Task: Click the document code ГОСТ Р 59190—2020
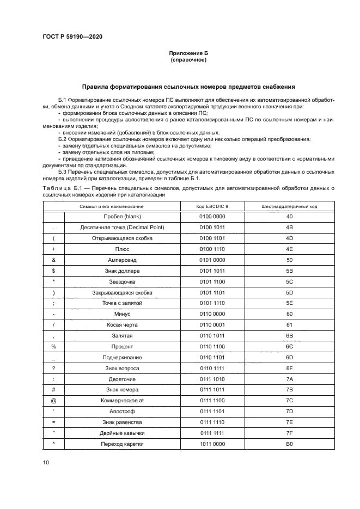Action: [x=72, y=36]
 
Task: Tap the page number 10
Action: [x=46, y=462]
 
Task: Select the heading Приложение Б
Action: [x=188, y=53]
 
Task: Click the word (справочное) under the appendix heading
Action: [x=188, y=60]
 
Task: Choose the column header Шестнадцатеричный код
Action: [x=290, y=206]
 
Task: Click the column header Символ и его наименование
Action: [x=112, y=206]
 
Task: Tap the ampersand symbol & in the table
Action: [x=53, y=260]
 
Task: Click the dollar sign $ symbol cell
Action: [x=53, y=271]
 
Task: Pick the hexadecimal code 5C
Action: [x=290, y=281]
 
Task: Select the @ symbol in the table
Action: [x=53, y=401]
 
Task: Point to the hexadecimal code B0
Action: [x=290, y=444]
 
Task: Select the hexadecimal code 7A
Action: [x=290, y=379]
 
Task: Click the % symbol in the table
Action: [x=53, y=347]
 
